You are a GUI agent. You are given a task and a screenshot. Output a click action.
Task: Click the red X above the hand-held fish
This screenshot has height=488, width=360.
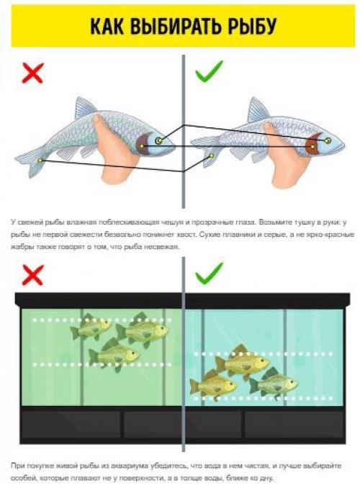[32, 73]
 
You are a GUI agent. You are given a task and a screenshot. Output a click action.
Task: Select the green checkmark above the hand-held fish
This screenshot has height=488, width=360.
[209, 71]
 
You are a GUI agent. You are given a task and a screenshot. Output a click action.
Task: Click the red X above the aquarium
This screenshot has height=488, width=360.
[32, 275]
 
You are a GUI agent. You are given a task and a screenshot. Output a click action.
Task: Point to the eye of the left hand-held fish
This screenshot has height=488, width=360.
[159, 140]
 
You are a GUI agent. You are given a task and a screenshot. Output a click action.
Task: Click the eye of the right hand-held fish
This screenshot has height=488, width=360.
[327, 140]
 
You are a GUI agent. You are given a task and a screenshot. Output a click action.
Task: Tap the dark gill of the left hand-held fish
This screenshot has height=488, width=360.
[143, 143]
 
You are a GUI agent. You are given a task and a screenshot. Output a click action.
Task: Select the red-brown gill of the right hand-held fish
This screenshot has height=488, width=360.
[312, 144]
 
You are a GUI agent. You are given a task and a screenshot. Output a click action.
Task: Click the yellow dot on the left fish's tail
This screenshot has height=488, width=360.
[40, 161]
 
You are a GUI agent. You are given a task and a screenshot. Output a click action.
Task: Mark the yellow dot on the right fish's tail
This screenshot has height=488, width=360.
[211, 155]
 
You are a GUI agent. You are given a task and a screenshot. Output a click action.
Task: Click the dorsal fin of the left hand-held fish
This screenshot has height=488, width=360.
[84, 108]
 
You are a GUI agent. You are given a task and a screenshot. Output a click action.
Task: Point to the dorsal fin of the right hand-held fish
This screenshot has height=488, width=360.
[257, 109]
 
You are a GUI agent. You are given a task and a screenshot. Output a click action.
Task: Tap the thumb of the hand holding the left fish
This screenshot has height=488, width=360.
[99, 124]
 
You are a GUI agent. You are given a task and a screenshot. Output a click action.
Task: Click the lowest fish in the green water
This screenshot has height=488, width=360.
[114, 354]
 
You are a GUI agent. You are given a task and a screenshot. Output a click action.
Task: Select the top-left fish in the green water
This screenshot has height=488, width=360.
[90, 327]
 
